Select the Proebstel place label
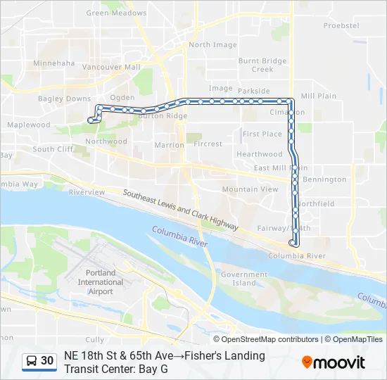[341, 25]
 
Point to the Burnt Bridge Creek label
[262, 65]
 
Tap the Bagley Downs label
[65, 99]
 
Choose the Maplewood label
[29, 125]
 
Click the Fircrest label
[208, 144]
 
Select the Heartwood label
[260, 154]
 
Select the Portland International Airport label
[101, 281]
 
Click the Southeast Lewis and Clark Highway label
[181, 209]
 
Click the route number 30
[47, 360]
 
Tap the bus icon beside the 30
[32, 361]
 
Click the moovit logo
[334, 362]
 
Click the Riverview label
[87, 191]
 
